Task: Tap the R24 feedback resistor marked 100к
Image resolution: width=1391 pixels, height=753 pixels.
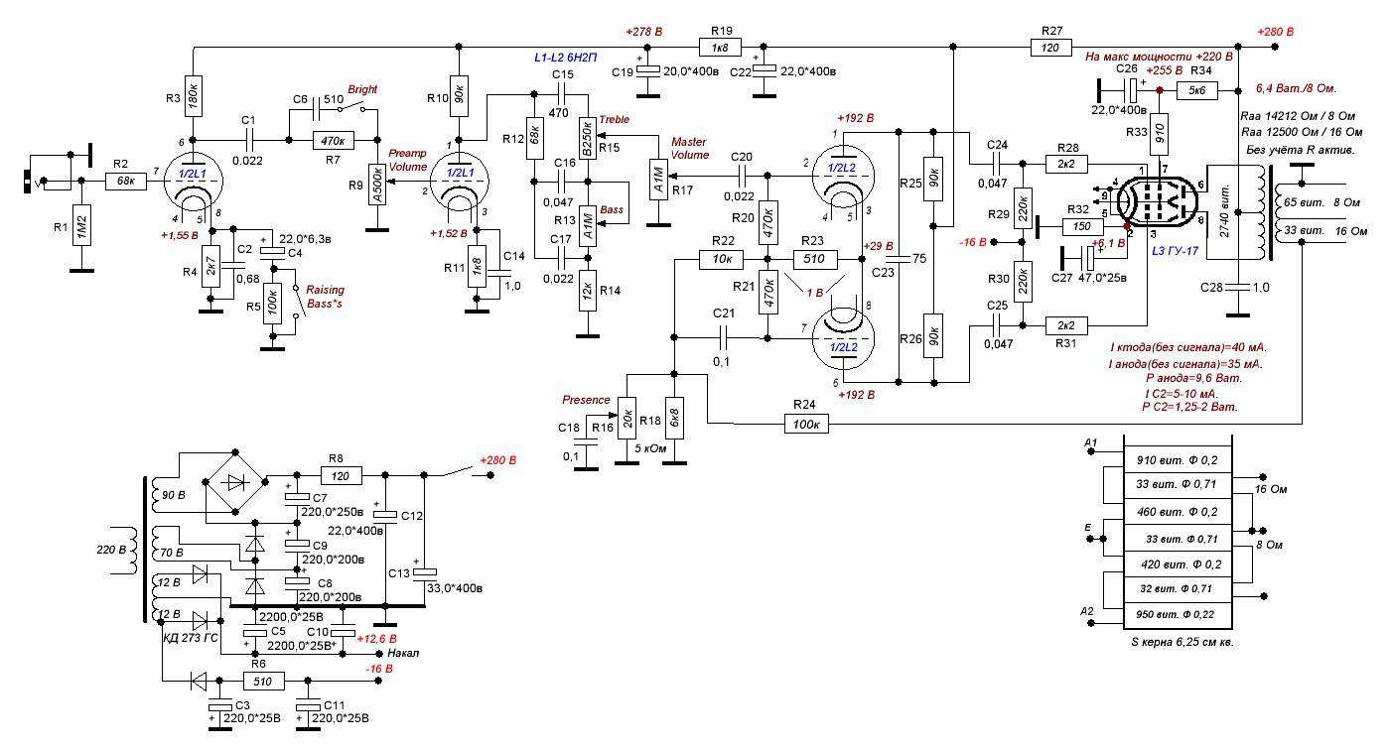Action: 806,424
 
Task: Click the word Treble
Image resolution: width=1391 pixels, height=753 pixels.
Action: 614,119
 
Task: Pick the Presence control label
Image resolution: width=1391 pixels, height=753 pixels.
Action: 586,400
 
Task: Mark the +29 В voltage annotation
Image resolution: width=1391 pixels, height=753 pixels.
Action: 879,245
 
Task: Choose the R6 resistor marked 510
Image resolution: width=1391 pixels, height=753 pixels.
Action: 264,681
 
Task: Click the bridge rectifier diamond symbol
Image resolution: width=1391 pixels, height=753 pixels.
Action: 234,483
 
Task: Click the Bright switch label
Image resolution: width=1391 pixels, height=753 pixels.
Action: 362,89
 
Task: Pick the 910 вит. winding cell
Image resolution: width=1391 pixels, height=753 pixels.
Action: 1176,460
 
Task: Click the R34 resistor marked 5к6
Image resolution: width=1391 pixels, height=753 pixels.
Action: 1195,90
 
